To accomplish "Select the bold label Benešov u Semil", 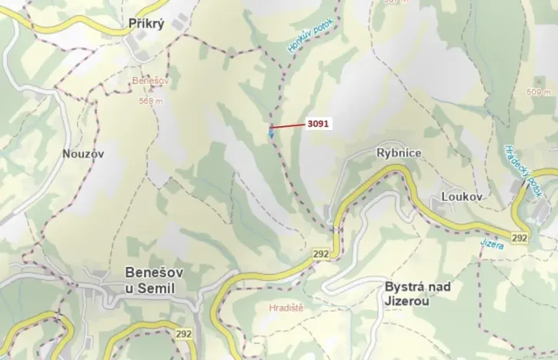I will pos(149,280).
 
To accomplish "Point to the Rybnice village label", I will pos(398,153).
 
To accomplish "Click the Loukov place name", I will pos(462,197).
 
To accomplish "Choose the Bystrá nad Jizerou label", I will pos(417,294).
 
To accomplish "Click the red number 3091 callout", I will pos(317,123).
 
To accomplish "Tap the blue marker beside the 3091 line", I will pos(271,133).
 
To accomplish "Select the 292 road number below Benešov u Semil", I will pos(183,334).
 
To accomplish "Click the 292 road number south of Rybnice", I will pos(322,252).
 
